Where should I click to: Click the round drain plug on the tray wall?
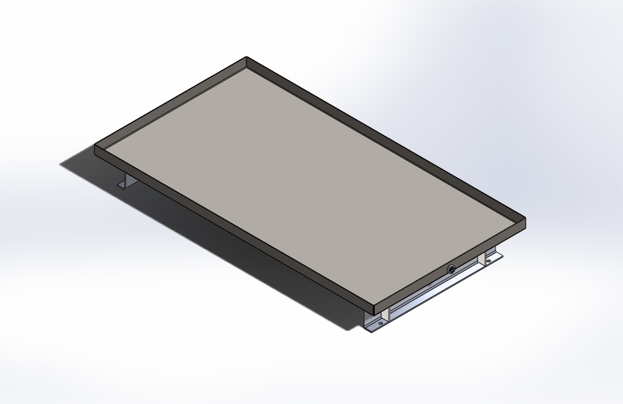[451, 269]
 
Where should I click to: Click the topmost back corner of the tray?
[246, 58]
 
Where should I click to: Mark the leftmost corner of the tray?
[95, 146]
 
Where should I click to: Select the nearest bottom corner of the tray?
[373, 314]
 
